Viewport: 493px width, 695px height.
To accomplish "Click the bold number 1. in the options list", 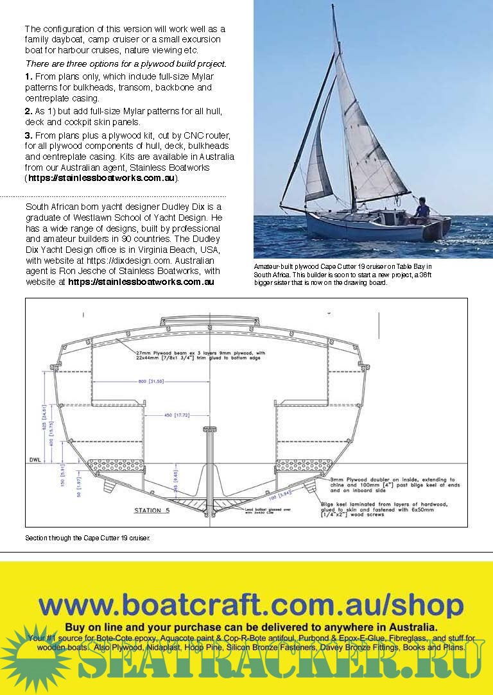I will pos(28,76).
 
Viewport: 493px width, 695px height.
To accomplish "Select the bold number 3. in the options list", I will pos(28,136).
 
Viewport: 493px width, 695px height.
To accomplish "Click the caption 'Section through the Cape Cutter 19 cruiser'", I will pos(87,538).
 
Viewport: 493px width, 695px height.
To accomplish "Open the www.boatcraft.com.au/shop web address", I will pos(251,605).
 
